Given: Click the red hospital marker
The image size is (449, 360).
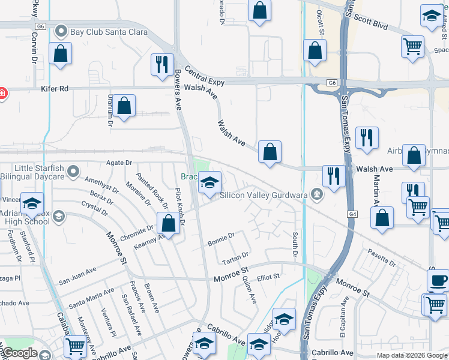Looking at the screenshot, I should [2, 94].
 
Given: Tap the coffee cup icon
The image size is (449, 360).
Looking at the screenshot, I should [437, 281].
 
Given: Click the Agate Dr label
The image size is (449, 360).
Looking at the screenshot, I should [119, 163].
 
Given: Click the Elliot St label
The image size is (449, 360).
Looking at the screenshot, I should [268, 277].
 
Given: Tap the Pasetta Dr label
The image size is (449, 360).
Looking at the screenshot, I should [382, 259].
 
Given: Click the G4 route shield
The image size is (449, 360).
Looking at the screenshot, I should [352, 214].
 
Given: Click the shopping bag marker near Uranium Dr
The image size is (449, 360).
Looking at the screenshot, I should [124, 107].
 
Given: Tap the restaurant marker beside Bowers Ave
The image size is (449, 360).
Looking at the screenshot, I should [161, 65].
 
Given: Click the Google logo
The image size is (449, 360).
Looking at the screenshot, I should [19, 353].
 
